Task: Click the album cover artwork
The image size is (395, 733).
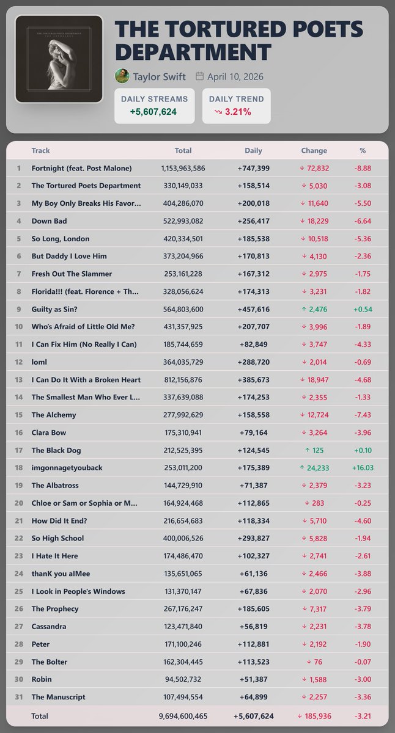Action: [59, 59]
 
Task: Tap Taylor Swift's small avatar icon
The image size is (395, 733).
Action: [122, 76]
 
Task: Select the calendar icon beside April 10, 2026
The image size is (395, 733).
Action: [199, 76]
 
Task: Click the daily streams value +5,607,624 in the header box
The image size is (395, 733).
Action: [154, 112]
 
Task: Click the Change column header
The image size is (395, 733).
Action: [314, 150]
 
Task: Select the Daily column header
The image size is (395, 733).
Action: [253, 150]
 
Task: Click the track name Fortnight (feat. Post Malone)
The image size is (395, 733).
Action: [81, 168]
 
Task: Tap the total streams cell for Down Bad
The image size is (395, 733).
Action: [183, 221]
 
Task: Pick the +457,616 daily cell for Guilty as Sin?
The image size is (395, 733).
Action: [253, 309]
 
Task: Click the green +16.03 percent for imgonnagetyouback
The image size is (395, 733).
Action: [363, 468]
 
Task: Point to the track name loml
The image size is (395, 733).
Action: [40, 362]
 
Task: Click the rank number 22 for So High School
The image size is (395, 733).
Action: [19, 538]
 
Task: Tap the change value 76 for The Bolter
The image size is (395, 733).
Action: [319, 662]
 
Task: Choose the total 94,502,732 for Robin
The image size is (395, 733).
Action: [183, 679]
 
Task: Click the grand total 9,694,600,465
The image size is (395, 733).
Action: [183, 716]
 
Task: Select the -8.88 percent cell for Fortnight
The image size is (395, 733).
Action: [363, 168]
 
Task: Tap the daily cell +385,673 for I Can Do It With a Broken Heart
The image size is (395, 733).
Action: [253, 380]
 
